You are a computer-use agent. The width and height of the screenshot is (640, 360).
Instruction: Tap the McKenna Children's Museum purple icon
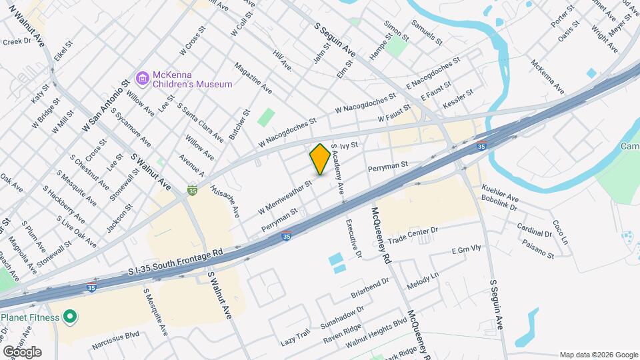(141, 79)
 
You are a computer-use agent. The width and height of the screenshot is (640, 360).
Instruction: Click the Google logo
(22, 351)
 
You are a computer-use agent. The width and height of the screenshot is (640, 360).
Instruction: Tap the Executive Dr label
(353, 239)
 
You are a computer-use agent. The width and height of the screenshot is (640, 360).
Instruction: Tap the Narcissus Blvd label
(116, 337)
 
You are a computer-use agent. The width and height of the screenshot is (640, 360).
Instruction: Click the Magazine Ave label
(253, 78)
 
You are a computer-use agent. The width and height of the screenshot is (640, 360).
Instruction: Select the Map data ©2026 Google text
(597, 355)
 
